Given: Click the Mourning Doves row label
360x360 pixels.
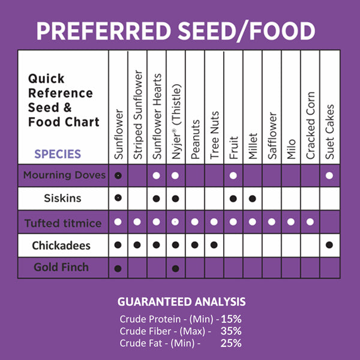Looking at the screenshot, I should click(64, 176).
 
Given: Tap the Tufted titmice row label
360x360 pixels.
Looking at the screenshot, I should click(63, 223).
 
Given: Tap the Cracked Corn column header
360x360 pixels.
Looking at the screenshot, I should click(310, 127).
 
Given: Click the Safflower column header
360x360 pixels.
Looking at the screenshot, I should click(272, 136).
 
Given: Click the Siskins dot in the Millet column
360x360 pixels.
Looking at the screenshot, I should click(253, 198).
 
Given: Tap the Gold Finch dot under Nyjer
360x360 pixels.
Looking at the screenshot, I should click(176, 268).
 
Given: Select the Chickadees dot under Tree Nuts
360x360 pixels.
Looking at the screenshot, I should click(214, 245).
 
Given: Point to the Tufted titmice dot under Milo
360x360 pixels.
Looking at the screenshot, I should click(291, 222).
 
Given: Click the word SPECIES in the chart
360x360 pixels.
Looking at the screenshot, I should click(58, 154).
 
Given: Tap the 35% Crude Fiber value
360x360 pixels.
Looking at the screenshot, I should click(230, 331).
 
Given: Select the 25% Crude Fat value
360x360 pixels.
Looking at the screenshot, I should click(230, 343).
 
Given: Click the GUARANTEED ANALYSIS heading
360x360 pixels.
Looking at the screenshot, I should click(181, 301).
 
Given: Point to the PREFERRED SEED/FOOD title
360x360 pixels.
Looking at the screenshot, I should click(175, 31).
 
